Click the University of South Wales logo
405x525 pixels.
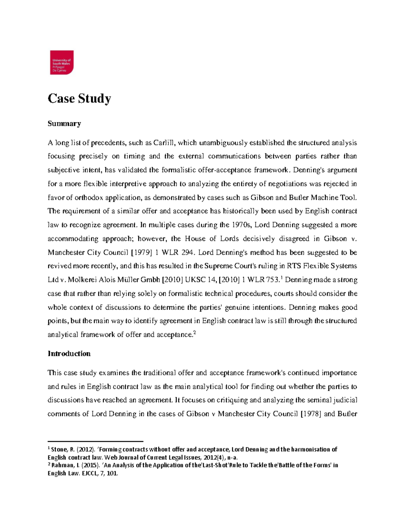(x=61, y=63)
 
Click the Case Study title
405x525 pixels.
(x=79, y=98)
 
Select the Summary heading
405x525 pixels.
(x=64, y=123)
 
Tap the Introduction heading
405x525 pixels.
(x=69, y=354)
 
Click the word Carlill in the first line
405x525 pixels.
(x=164, y=143)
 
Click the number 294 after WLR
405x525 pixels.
(x=187, y=253)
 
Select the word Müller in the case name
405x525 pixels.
(x=127, y=280)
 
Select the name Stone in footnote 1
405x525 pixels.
(x=59, y=450)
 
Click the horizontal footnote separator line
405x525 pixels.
(x=96, y=442)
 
